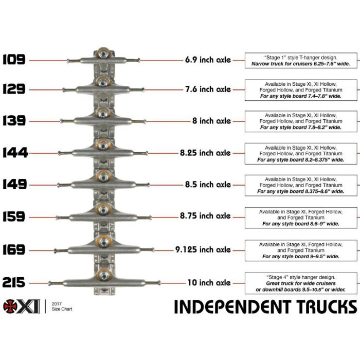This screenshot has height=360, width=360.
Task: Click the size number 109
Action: [14, 60]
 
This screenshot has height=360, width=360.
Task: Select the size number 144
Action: [14, 153]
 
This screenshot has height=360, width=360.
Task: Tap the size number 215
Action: [14, 282]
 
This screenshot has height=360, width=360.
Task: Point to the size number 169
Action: [14, 249]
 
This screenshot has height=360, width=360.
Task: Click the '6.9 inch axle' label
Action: [208, 60]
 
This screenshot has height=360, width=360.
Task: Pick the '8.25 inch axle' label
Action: [208, 153]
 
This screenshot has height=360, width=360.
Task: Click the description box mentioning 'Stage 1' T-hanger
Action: [301, 60]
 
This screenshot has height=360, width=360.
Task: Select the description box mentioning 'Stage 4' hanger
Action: [301, 283]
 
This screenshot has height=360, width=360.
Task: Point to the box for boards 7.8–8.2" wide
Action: [301, 121]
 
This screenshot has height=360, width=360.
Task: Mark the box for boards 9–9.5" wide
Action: [301, 250]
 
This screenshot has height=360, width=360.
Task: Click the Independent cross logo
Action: [11, 305]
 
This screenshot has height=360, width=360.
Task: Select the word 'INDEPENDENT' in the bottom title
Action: [237, 306]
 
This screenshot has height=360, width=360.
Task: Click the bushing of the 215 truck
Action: [104, 273]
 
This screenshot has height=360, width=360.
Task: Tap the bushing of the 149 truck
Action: [104, 176]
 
